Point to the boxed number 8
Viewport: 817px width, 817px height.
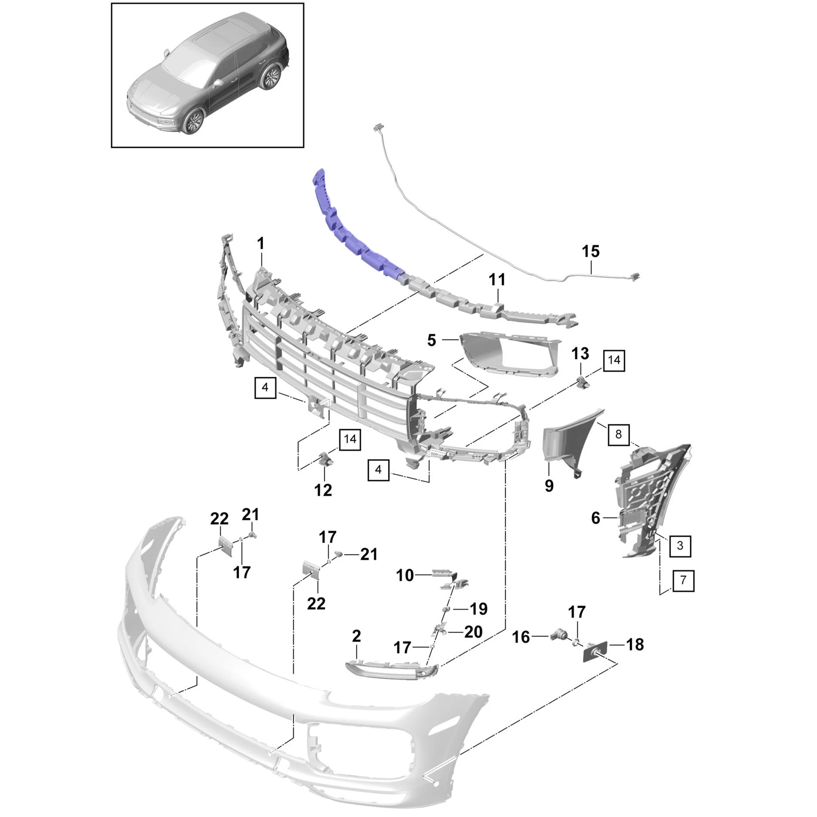(618, 434)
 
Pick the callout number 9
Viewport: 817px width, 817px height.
(549, 486)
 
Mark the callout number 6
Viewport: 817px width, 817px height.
(596, 518)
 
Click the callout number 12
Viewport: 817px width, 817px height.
(323, 490)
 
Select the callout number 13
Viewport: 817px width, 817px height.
(580, 354)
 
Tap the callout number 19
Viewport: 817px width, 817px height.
(479, 609)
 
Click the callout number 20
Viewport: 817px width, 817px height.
(473, 632)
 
